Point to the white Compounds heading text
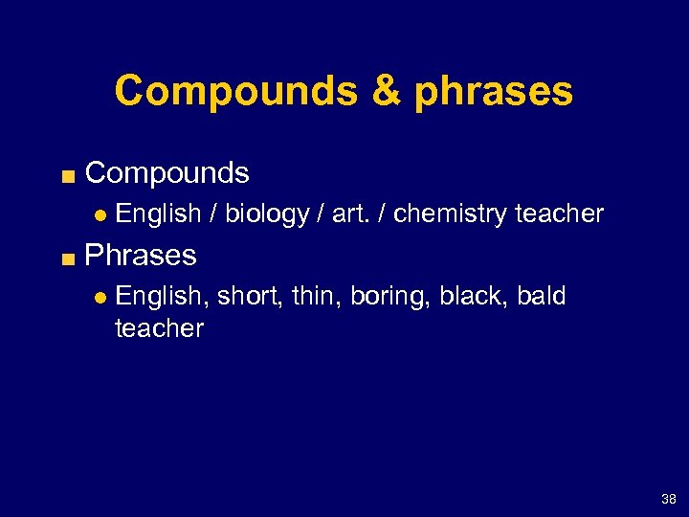(167, 173)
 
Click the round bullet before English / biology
(98, 214)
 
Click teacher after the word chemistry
(559, 214)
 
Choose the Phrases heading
(141, 256)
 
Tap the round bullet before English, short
(98, 298)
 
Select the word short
(251, 297)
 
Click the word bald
(542, 297)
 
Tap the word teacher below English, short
(159, 328)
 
